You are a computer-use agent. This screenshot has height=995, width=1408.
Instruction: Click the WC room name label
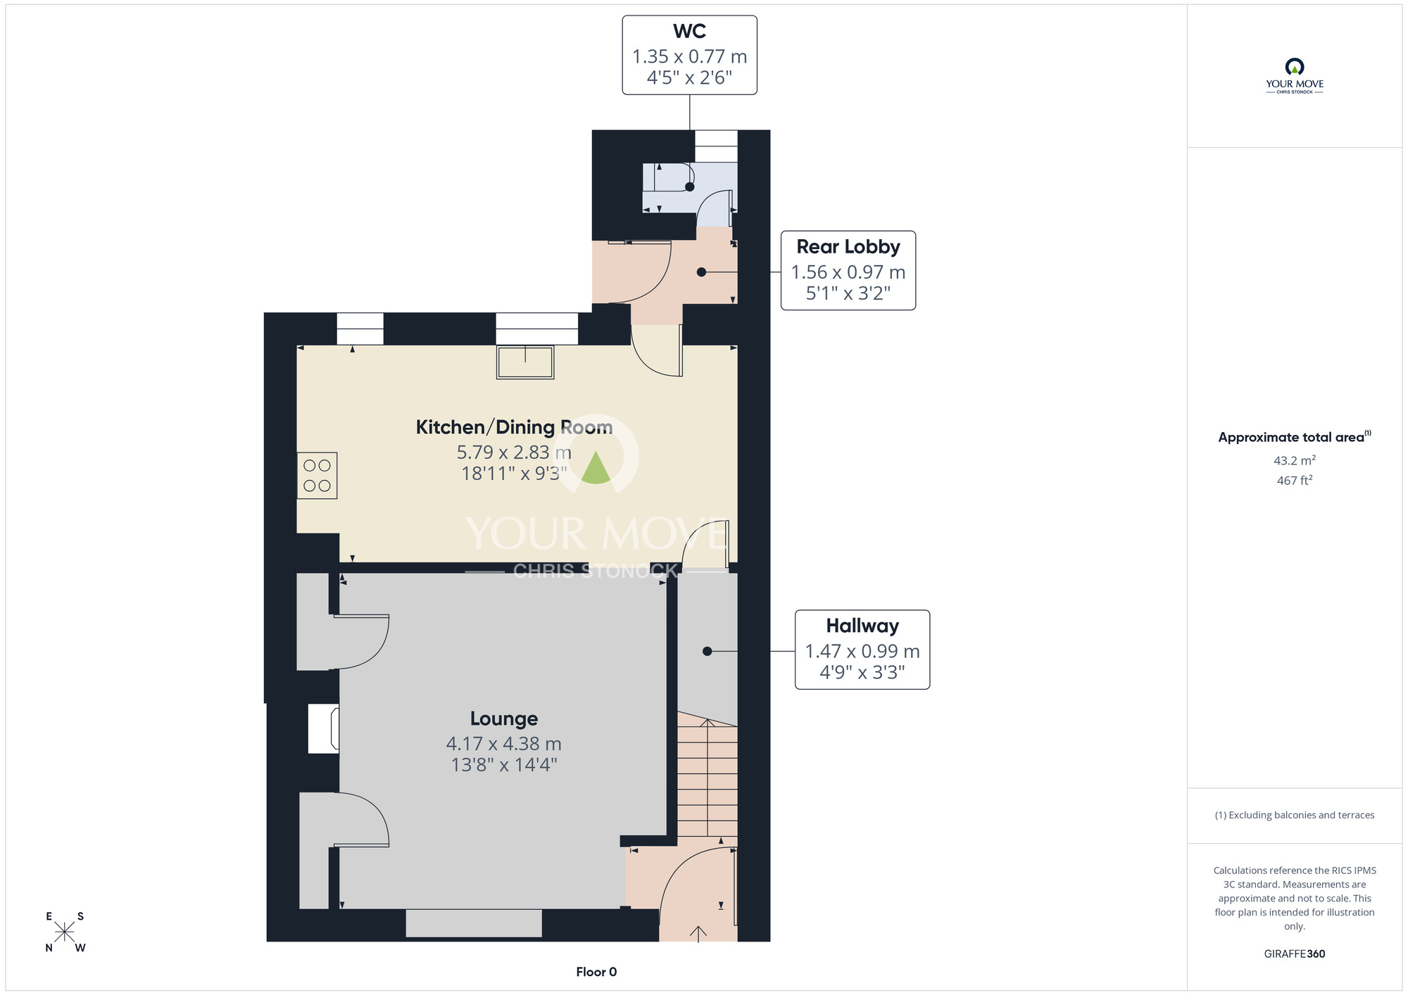(x=689, y=32)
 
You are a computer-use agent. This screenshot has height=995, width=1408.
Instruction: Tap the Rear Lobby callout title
(x=848, y=247)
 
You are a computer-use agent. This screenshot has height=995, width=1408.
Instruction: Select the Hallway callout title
(x=862, y=626)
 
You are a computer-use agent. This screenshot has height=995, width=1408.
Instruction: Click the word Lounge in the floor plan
(x=504, y=719)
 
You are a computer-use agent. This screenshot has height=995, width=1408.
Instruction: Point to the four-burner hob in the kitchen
(x=317, y=476)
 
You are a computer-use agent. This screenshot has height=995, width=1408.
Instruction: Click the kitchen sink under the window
(x=525, y=362)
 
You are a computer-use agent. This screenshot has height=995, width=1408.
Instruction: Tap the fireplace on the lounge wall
(x=324, y=729)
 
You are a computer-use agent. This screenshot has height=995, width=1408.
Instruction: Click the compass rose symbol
(x=65, y=932)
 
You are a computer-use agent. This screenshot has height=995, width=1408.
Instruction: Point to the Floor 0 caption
(x=596, y=972)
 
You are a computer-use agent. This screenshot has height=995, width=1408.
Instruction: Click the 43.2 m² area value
(x=1294, y=461)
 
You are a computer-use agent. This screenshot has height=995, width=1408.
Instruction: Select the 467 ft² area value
(x=1294, y=481)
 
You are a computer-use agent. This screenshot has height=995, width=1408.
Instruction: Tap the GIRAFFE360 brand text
(x=1294, y=954)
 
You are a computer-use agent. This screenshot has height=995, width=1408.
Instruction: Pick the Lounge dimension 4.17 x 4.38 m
(x=504, y=744)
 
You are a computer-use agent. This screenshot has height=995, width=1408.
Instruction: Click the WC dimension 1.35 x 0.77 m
(x=689, y=56)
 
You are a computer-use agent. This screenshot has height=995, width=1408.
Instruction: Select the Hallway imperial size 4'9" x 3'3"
(x=862, y=673)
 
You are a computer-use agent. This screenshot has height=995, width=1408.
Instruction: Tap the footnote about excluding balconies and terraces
(x=1294, y=816)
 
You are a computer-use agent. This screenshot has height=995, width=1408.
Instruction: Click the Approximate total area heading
(x=1294, y=437)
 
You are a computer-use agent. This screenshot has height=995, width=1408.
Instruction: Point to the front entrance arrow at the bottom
(x=698, y=934)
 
